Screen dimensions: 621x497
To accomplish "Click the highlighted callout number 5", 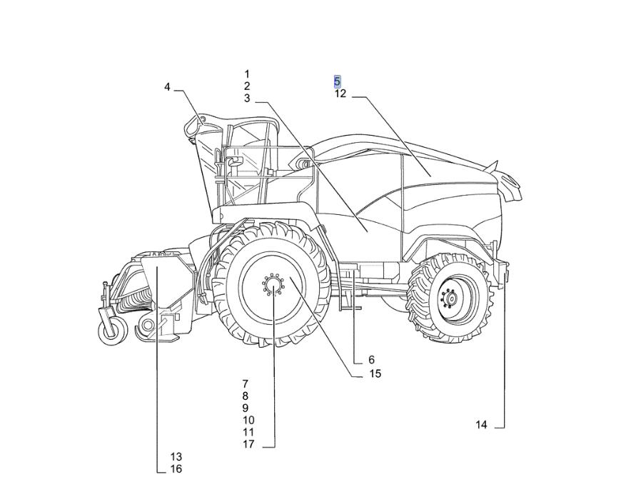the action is pos(337,81).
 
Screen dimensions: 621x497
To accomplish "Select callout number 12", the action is pos(340,94).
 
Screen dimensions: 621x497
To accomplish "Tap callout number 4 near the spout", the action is pos(167,87).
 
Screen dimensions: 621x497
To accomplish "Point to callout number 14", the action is pos(481,425).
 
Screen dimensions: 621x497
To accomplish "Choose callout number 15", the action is pos(375,373).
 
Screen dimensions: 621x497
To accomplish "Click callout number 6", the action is pos(371,360).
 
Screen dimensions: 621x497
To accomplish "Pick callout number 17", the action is pos(248,444).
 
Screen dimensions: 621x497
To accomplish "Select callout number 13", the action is pos(176,457).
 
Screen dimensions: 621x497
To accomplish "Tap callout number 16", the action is pos(176,469).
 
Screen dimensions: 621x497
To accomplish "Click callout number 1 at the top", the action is pos(247,74).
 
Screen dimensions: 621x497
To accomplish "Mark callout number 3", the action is pos(247,99).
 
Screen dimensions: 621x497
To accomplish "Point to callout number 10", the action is pos(248,420).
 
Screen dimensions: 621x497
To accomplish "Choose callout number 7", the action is pos(246,384).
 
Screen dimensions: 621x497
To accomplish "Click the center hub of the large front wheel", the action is pos(273,285).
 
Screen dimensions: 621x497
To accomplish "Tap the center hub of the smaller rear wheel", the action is pos(450,297).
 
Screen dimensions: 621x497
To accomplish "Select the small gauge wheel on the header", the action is pos(113,330).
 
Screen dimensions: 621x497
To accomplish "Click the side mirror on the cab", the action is pos(233,161).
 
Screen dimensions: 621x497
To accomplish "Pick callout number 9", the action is pos(246,408).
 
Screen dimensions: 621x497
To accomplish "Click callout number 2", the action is pos(247,86).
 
